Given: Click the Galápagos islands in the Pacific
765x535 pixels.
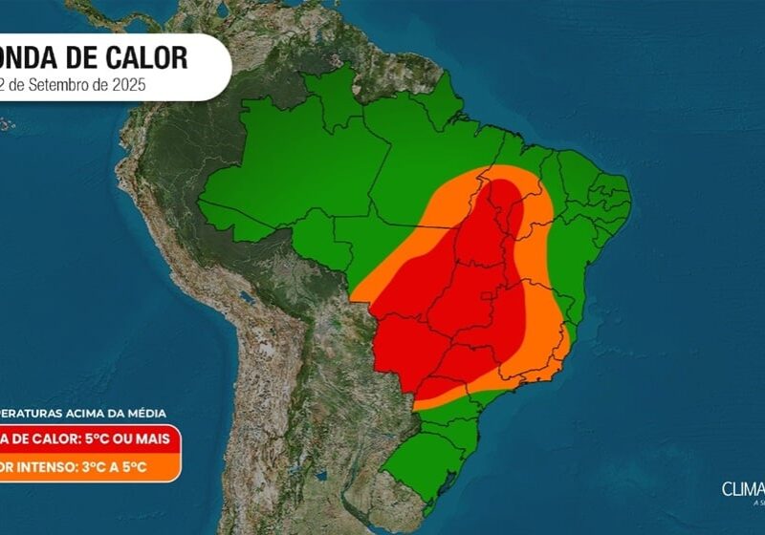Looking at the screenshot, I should point(8,123).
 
